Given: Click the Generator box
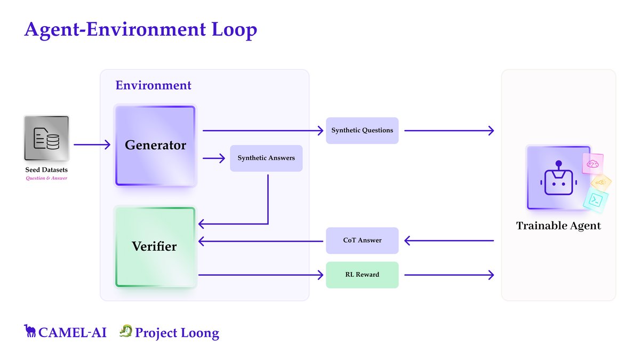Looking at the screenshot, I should tap(155, 145).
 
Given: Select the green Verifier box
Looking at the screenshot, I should tap(155, 246).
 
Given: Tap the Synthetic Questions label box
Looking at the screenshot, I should tap(362, 130).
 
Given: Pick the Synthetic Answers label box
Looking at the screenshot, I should tap(266, 158).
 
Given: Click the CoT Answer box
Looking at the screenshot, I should tap(362, 241).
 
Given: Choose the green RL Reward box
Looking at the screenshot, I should tap(362, 275).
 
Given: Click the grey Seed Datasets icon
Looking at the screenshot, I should tap(46, 138).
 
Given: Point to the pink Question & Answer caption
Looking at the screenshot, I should tap(46, 178).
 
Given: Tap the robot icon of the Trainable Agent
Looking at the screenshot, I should tap(558, 178).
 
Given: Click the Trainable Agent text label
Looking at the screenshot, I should tap(558, 226).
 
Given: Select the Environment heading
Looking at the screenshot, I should tap(153, 85).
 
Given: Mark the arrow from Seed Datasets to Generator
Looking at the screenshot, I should tap(91, 145).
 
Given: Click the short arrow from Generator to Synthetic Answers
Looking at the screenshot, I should tap(214, 158).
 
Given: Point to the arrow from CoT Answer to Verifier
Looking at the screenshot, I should tap(261, 241).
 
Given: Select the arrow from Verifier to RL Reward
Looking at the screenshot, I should tap(261, 275).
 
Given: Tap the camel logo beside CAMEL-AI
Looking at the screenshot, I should tap(30, 331).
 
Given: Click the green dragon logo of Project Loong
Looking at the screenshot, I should tap(125, 332).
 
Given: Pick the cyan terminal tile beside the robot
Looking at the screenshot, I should tap(597, 199).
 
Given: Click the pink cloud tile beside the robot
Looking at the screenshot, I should tap(593, 164).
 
